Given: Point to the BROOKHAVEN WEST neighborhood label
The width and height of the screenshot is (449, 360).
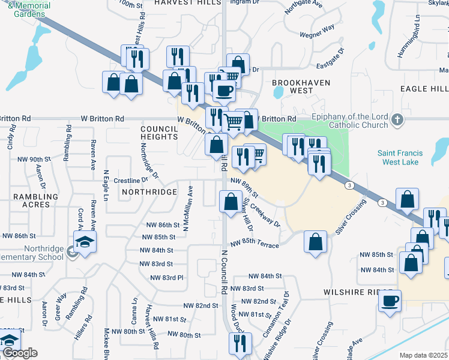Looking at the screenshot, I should pos(292,86).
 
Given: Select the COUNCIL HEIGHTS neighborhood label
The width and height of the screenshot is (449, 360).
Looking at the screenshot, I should pos(159,133).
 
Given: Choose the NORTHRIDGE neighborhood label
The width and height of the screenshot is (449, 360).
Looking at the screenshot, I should pos(149,192).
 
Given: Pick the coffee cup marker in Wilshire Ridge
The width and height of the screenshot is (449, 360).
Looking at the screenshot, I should pos(390,300).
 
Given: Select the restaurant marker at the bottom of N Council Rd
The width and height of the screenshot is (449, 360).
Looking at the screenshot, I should pos(240,344).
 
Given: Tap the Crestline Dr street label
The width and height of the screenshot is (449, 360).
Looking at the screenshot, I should pos(131,180).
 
